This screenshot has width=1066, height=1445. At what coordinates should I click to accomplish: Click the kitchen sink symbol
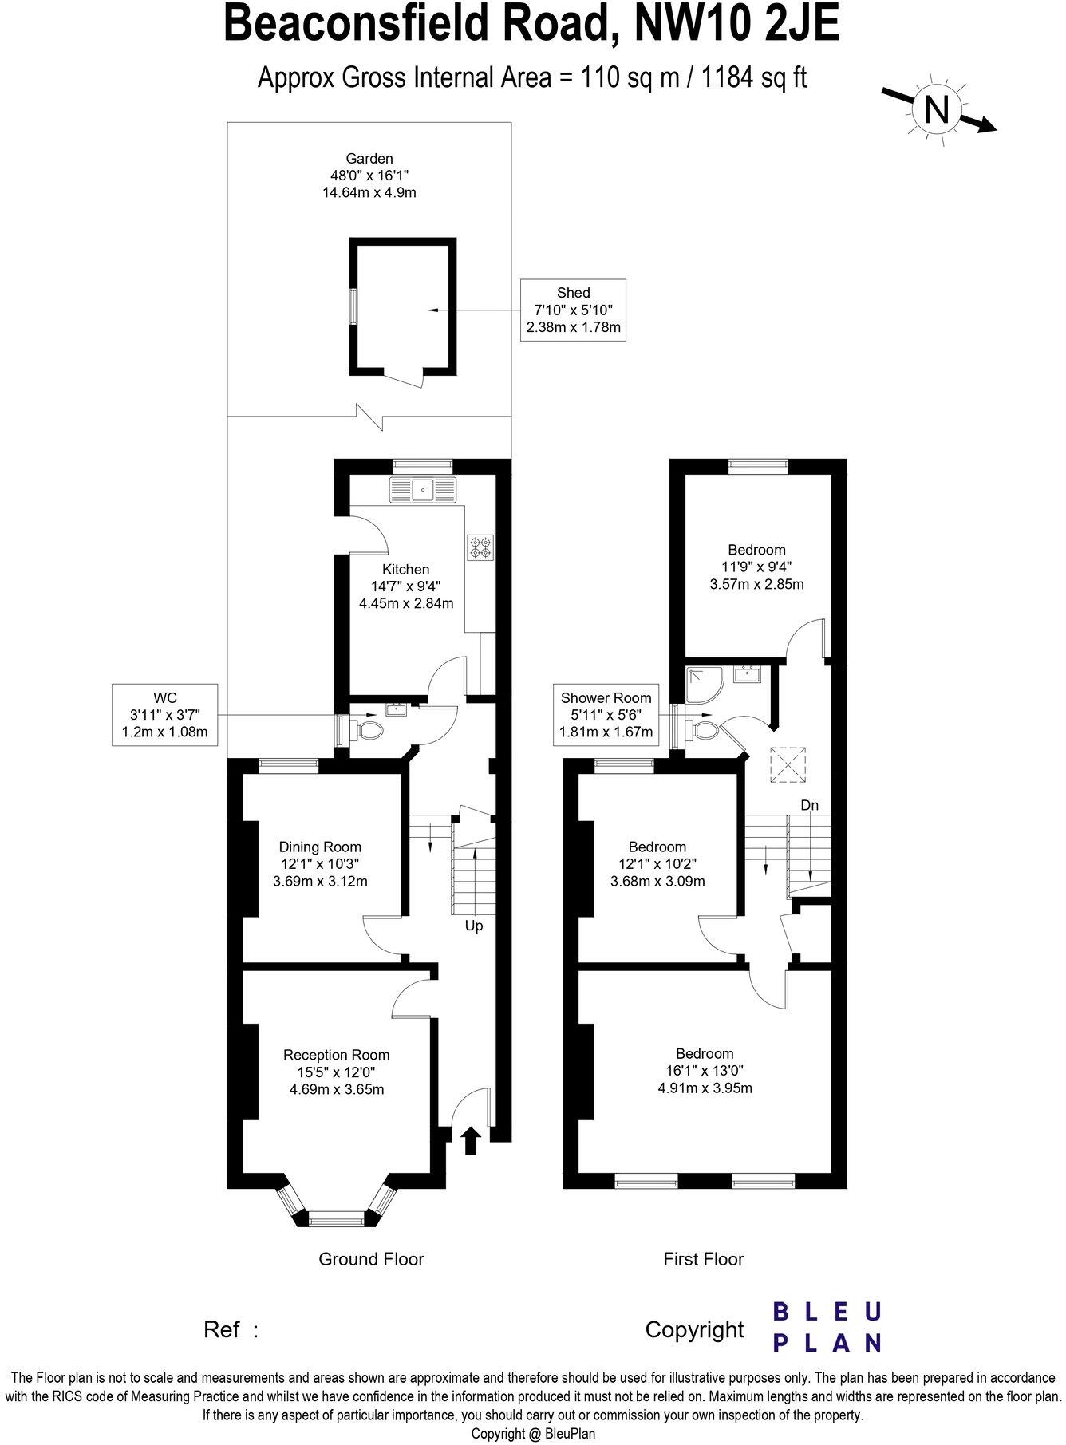click(x=421, y=490)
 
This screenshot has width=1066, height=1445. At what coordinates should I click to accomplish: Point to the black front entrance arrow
click(x=471, y=1140)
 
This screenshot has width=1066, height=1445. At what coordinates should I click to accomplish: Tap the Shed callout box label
click(x=573, y=310)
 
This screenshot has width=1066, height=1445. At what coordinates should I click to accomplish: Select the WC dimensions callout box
click(x=165, y=715)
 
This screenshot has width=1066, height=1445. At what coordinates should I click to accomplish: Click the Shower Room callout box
click(x=606, y=715)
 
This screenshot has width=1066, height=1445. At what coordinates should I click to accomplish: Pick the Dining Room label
click(x=320, y=847)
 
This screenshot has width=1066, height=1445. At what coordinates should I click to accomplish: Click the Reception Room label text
click(x=337, y=1055)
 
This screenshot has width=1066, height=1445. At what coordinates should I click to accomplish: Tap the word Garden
click(x=369, y=159)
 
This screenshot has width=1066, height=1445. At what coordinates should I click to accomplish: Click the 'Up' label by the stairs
click(x=474, y=926)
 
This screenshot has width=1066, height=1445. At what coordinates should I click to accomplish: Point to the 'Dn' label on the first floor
click(x=810, y=806)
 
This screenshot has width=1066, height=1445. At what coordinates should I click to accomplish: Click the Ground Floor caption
click(x=371, y=1259)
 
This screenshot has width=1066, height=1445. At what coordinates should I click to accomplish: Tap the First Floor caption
click(x=704, y=1259)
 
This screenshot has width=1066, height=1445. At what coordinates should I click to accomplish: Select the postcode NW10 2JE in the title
click(x=736, y=24)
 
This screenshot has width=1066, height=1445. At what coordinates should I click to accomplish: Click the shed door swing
click(x=405, y=380)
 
